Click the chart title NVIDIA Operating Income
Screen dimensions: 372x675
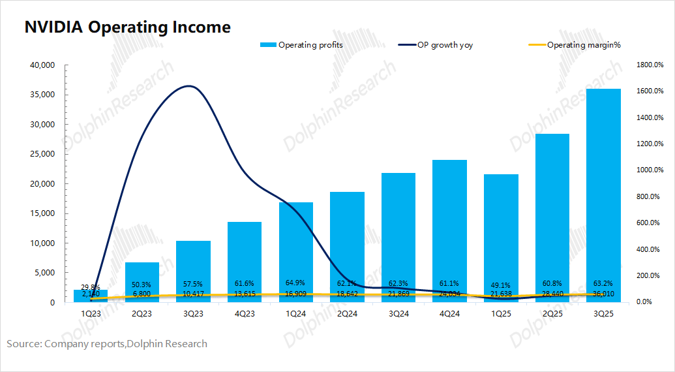127,27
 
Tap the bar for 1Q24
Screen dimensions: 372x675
295,252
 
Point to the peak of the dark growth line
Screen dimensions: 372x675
190,86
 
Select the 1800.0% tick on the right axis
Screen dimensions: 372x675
650,65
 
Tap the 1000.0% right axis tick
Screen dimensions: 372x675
650,170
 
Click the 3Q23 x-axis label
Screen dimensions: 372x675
193,314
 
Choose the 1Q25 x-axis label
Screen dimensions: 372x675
501,314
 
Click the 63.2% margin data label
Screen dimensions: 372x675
603,284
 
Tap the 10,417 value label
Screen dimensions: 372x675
193,294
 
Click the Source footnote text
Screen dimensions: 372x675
107,343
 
